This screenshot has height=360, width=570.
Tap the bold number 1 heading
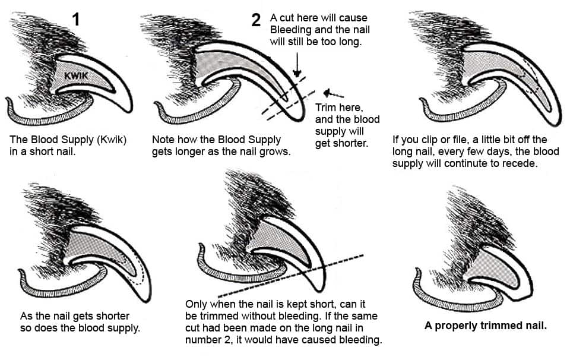click(75, 20)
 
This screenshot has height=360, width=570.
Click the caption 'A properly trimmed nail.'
click(485, 326)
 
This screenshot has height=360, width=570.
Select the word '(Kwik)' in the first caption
click(111, 140)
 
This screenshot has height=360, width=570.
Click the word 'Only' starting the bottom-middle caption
click(197, 304)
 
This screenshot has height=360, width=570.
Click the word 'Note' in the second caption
click(163, 140)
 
